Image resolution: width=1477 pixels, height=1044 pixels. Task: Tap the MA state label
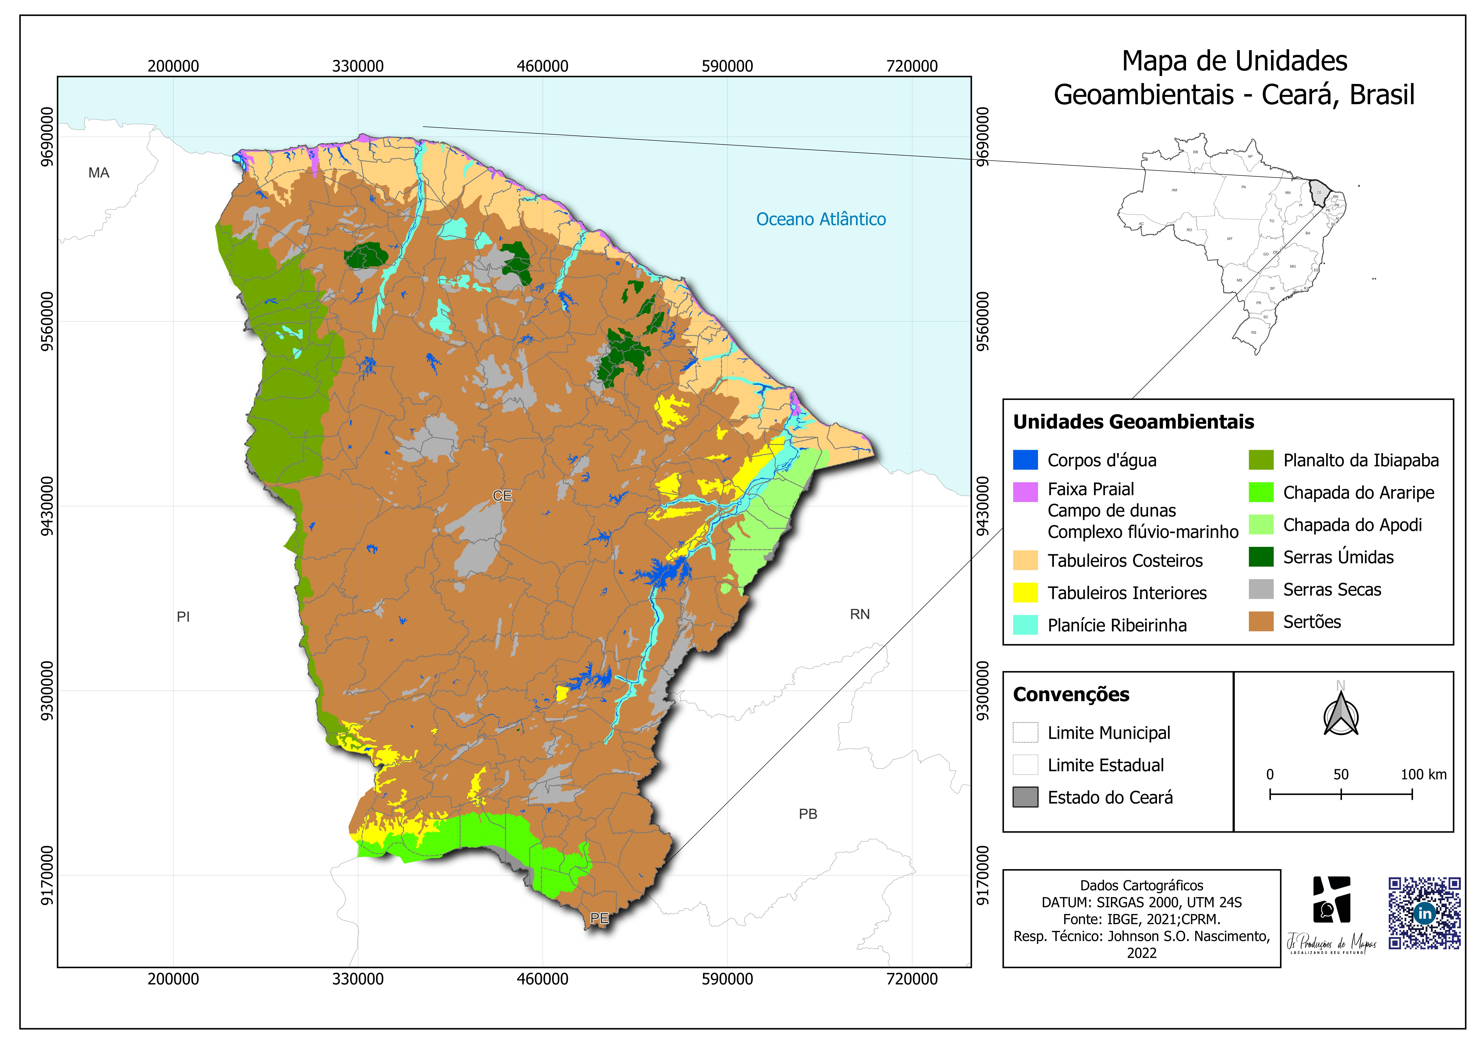click(98, 172)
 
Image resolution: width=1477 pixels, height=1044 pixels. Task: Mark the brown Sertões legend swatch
click(1261, 621)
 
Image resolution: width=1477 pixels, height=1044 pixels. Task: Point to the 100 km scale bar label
click(1424, 775)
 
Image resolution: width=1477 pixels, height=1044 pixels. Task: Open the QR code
click(1424, 913)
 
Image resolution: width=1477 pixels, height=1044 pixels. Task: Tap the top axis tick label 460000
click(542, 66)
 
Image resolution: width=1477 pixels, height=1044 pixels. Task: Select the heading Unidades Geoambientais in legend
click(1133, 422)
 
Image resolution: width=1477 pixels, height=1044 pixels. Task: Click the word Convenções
click(1071, 695)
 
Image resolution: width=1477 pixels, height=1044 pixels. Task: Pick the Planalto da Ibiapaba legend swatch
click(1261, 460)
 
